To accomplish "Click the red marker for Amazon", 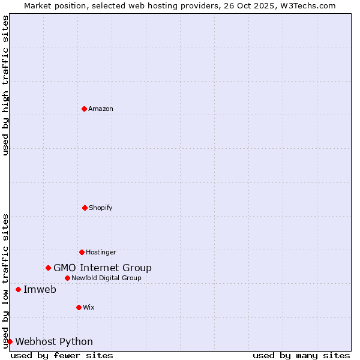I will [x=85, y=109].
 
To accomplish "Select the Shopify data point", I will [x=85, y=208].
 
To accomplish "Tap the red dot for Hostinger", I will [x=82, y=252].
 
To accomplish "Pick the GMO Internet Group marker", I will [x=48, y=268].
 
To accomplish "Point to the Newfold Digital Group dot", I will [x=67, y=278].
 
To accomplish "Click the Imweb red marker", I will [x=18, y=289].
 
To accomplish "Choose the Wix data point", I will [x=79, y=307].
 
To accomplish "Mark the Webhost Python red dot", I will [x=10, y=341].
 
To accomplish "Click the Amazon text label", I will [x=101, y=109].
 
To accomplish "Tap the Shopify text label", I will [x=101, y=208].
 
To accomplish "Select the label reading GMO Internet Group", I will [x=103, y=268].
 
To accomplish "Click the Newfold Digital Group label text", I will [x=106, y=278].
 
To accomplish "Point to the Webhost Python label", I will [x=54, y=342].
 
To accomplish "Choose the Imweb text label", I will [x=40, y=290].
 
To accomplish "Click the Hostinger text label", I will [x=101, y=252].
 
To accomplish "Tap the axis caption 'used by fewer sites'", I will [x=62, y=355].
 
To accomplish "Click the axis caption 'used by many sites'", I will [x=301, y=355].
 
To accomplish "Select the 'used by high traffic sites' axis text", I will [x=5, y=85].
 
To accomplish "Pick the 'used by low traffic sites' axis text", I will [x=5, y=280].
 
